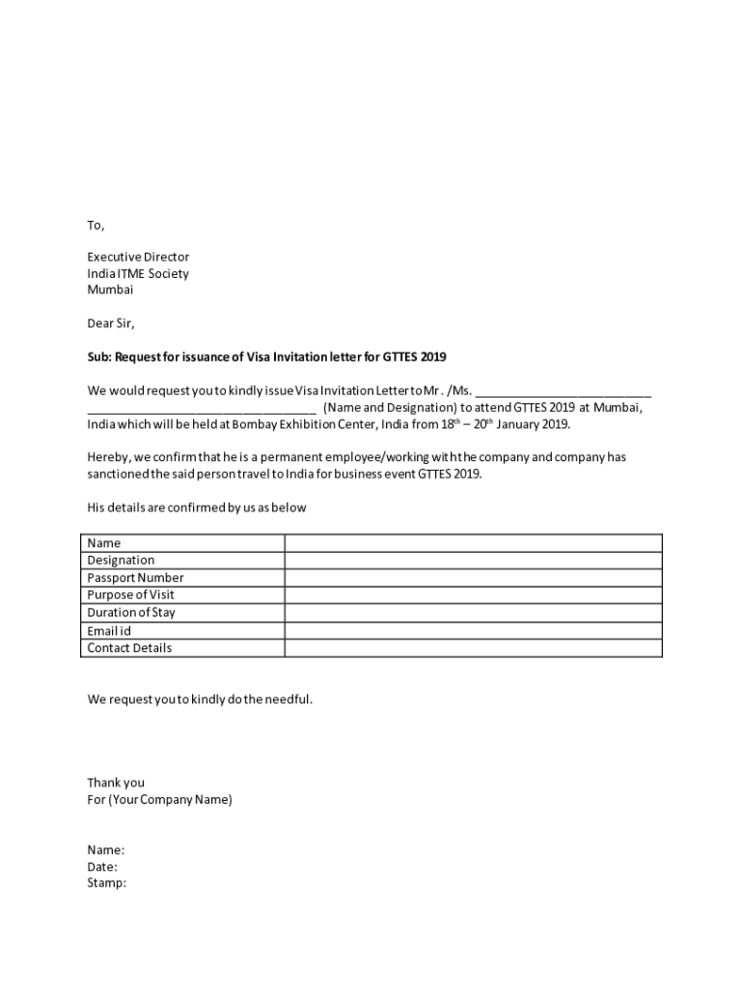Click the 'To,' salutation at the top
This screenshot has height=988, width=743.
click(x=96, y=226)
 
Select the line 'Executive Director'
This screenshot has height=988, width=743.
click(x=138, y=258)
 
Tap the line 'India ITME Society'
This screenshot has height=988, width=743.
click(x=138, y=274)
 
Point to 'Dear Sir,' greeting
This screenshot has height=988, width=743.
click(x=111, y=323)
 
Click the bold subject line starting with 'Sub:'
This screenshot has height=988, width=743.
click(x=266, y=357)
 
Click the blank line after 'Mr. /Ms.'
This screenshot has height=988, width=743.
click(x=564, y=392)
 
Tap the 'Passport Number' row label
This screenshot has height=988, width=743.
click(x=135, y=578)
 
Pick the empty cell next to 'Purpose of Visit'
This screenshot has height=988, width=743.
click(x=473, y=595)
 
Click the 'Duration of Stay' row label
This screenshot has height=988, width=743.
click(x=131, y=613)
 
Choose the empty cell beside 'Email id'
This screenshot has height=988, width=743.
click(x=473, y=631)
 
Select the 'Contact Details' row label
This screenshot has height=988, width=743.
click(x=129, y=648)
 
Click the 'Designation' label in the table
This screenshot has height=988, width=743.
click(x=121, y=561)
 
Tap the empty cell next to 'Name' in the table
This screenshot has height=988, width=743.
click(x=473, y=543)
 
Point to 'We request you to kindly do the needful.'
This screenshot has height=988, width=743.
click(x=200, y=699)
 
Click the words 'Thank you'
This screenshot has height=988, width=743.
click(x=116, y=782)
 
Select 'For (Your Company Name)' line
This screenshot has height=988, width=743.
click(x=159, y=800)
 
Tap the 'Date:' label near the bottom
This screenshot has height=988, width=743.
click(x=102, y=866)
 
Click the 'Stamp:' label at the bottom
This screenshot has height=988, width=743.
click(x=106, y=883)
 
